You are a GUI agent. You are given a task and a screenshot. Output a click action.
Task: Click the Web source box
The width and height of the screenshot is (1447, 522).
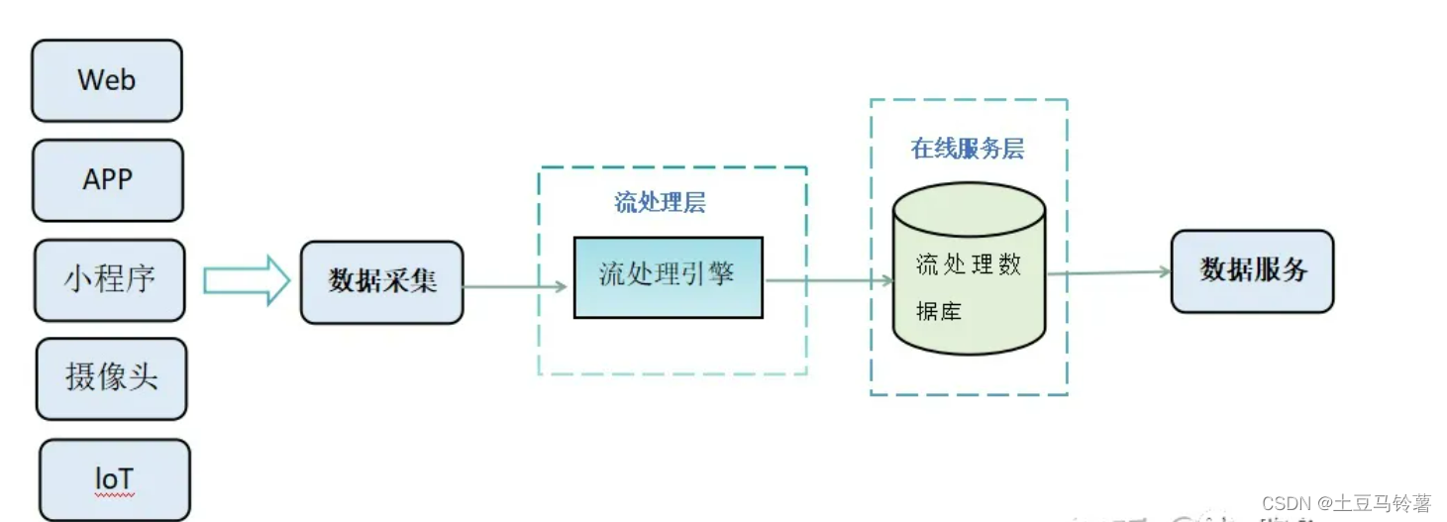[x=107, y=80]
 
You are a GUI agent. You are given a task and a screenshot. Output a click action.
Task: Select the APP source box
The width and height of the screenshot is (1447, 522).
[x=108, y=180]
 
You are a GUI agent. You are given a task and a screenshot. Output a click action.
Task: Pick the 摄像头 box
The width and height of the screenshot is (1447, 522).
[x=112, y=378]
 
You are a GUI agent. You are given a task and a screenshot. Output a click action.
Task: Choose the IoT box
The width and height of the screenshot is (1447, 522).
[x=115, y=479]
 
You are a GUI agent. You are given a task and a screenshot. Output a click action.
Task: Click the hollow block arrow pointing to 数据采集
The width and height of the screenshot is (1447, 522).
[x=246, y=281]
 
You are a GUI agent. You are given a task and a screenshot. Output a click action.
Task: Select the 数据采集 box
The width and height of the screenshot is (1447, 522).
[x=382, y=282]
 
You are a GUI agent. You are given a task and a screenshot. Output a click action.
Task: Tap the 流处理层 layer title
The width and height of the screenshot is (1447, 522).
[x=660, y=204]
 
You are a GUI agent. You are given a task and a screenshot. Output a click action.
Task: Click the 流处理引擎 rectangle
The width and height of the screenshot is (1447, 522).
[x=669, y=277]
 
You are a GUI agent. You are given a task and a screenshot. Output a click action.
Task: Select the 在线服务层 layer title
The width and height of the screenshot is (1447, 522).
[x=967, y=150]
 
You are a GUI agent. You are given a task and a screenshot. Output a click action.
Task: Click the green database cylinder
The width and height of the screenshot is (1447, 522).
[x=970, y=287]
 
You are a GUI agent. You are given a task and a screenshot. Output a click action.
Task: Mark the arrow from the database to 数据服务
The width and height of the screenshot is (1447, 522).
[x=1108, y=272]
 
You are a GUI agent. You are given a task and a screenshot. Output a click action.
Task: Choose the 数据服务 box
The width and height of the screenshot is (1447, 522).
[x=1253, y=270]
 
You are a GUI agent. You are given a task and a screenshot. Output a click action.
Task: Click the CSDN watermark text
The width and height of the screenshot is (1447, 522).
[x=1346, y=504]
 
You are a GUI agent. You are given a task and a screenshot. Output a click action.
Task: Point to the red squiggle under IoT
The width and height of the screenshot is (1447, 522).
[x=114, y=493]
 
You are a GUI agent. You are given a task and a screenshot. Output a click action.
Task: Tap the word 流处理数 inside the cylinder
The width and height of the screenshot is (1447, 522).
[x=968, y=264]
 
